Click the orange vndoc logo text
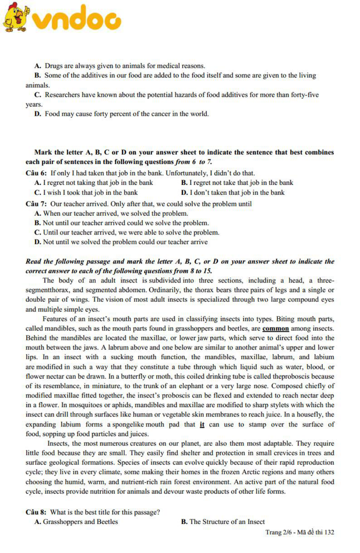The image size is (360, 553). [x=76, y=19]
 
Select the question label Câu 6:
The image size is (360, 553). [x=36, y=173]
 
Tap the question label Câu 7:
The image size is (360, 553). [x=36, y=204]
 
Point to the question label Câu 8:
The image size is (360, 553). [x=36, y=512]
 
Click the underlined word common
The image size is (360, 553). [x=275, y=328]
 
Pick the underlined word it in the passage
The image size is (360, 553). [x=202, y=424]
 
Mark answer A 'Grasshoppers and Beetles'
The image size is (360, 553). [x=76, y=521]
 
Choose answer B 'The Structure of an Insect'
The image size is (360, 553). [x=223, y=521]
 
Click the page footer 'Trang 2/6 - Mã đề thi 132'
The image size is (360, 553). [x=300, y=532]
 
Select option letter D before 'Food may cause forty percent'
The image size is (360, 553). [x=37, y=114]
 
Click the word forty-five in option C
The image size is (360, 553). [x=305, y=95]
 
